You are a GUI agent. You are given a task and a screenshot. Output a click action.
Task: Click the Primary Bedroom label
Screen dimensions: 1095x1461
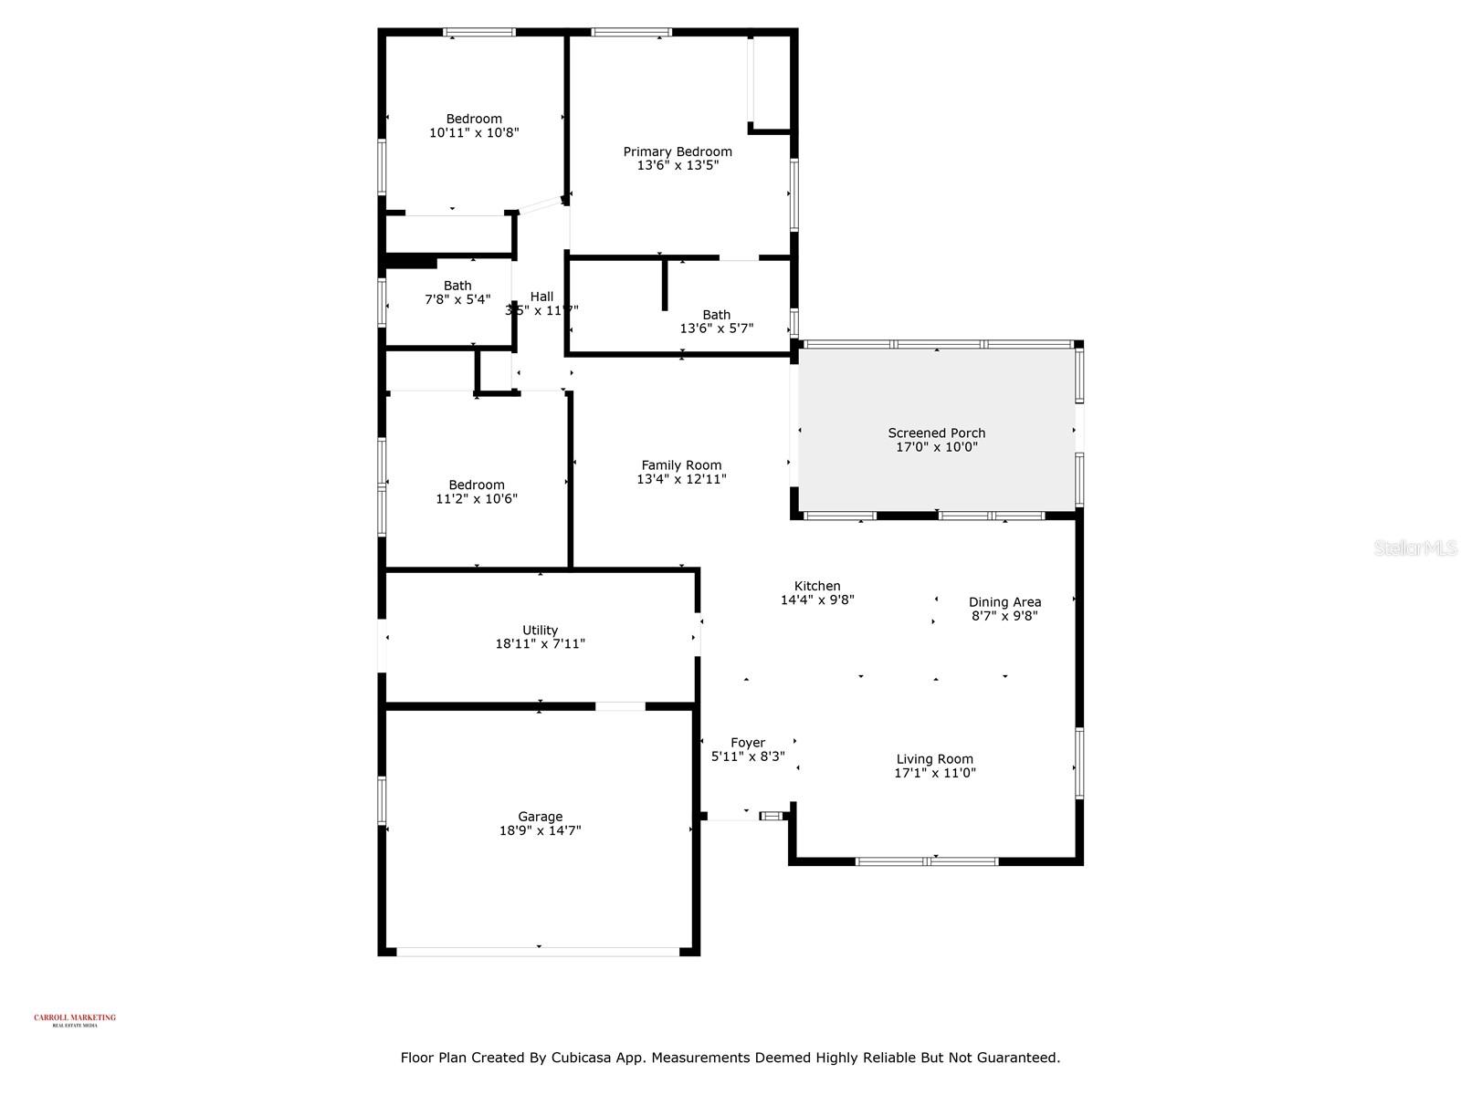point(678,151)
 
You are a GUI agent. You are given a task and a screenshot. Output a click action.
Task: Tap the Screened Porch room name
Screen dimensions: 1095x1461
point(936,433)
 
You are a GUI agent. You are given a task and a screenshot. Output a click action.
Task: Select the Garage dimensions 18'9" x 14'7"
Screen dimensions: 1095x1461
point(540,830)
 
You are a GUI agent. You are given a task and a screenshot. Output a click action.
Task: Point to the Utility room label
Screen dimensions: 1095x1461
point(540,630)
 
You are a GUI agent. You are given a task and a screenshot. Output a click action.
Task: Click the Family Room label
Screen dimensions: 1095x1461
point(681,464)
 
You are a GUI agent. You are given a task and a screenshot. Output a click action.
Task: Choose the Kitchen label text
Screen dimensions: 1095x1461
point(817,586)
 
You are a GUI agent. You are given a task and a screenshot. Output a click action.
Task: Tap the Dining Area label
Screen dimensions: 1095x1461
point(1004,601)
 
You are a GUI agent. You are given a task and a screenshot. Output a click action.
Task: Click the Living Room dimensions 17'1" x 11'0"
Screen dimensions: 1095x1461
point(934,773)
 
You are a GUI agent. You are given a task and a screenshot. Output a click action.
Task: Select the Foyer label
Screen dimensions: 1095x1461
point(748,742)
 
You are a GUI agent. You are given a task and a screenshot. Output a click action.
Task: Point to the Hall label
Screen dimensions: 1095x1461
point(541,296)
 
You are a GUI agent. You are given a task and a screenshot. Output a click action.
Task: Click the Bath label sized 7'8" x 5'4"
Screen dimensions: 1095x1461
point(457,286)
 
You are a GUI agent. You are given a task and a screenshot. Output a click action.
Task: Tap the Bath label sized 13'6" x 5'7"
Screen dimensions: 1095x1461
point(717,315)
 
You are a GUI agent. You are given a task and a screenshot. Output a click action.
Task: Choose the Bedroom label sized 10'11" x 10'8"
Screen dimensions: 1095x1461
point(474,119)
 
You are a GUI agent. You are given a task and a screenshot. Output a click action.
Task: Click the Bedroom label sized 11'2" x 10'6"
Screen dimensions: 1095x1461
point(477,485)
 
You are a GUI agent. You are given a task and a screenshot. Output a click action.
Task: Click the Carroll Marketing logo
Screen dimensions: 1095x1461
point(75,1019)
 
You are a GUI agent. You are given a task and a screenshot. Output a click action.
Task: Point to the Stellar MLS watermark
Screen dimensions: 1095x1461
point(1414,547)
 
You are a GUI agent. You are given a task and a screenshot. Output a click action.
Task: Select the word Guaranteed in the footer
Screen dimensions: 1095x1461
point(1017,1058)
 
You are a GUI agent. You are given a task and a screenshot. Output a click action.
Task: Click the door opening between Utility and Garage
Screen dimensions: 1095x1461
point(620,705)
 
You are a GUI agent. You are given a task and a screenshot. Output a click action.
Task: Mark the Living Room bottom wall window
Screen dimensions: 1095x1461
point(927,860)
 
